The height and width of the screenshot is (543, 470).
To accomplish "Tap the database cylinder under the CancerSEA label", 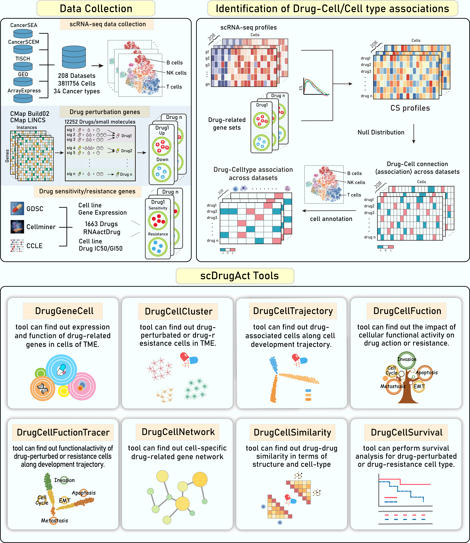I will tap(23, 34).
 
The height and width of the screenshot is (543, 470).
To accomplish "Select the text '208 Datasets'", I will tap(77, 76).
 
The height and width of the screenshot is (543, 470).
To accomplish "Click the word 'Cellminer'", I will tap(41, 227).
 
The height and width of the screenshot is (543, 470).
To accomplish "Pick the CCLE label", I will tap(34, 246).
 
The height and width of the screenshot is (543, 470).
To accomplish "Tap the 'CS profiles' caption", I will tap(410, 108).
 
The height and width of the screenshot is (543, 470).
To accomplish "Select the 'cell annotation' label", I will tap(331, 219).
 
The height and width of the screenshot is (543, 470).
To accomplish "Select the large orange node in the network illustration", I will tap(200, 479).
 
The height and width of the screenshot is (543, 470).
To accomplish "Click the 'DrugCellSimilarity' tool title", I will tap(292, 432).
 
